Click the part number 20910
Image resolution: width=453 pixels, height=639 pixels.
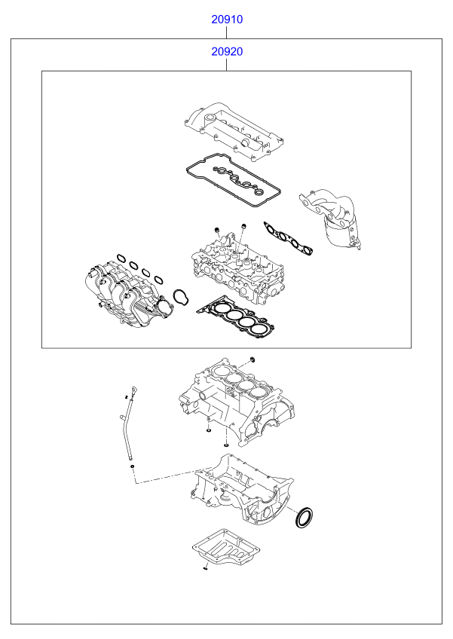pos(226,20)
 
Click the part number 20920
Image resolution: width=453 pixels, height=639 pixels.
pos(226,52)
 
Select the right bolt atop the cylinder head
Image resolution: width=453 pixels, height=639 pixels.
pos(243,226)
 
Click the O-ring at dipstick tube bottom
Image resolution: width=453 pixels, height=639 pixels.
pos(133,467)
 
